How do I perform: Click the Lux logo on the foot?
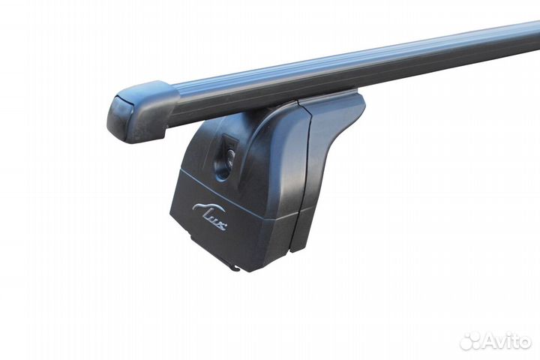click(x=209, y=216)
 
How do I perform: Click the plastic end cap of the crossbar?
click(x=141, y=111)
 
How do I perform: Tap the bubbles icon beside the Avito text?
click(x=471, y=341)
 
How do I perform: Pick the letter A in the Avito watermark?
click(x=490, y=341)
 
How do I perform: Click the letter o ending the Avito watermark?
click(x=526, y=343)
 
